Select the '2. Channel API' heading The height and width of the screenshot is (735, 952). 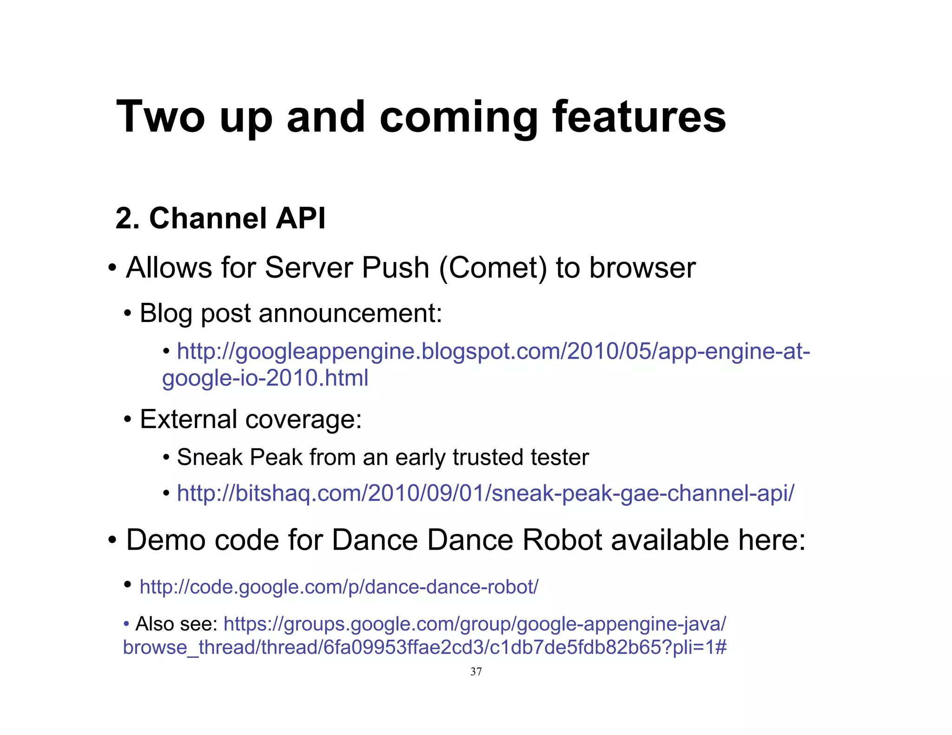(x=220, y=218)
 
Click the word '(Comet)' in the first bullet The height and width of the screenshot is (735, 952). (x=493, y=268)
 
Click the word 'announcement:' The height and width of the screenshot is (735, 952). (x=350, y=313)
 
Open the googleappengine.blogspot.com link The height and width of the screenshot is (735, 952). (x=493, y=351)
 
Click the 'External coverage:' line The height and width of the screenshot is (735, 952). (x=251, y=419)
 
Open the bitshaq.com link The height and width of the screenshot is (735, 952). (x=485, y=493)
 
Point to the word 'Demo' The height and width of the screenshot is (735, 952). (x=165, y=540)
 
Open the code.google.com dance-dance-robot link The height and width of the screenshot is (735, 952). (x=339, y=587)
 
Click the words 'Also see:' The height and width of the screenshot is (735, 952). (x=176, y=624)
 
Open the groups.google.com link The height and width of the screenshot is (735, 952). (x=474, y=624)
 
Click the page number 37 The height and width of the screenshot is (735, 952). (x=476, y=671)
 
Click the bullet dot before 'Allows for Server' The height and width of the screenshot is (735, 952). (x=112, y=268)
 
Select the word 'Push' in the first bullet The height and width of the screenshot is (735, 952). (x=395, y=268)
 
